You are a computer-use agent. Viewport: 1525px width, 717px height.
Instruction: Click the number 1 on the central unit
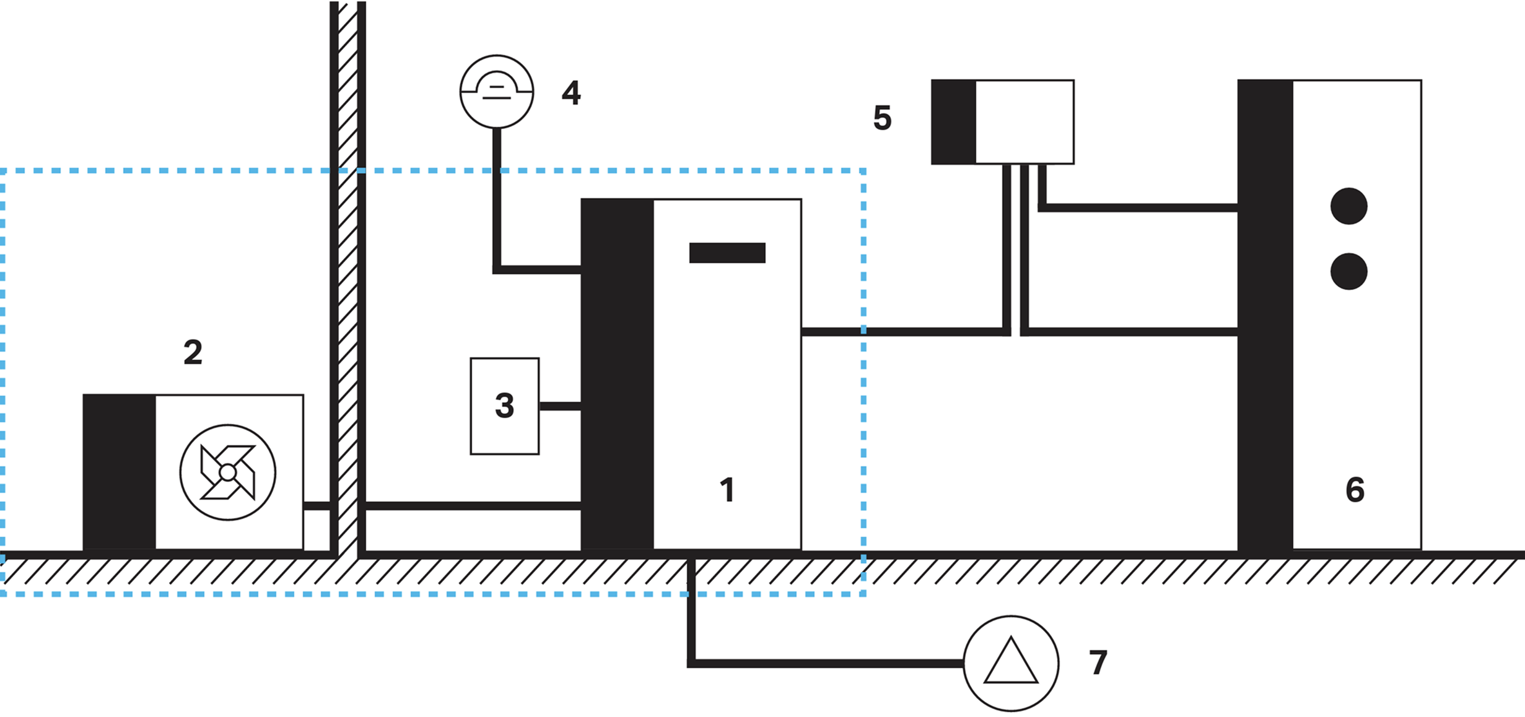(x=728, y=490)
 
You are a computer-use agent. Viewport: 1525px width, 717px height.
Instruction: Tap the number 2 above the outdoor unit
(x=193, y=353)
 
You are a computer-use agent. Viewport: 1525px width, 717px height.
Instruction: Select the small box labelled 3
(x=505, y=406)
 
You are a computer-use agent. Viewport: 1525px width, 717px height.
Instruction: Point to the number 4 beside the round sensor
(x=571, y=93)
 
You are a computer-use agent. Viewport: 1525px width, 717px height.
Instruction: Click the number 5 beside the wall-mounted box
(x=882, y=118)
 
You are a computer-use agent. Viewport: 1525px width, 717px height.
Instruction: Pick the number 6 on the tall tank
(x=1355, y=490)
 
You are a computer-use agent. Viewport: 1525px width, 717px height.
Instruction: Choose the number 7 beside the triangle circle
(x=1098, y=663)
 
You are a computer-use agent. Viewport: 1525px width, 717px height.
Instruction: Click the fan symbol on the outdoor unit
(x=228, y=472)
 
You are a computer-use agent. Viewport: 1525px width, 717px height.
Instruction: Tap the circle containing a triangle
(x=1011, y=663)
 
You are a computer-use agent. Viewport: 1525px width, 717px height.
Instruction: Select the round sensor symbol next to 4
(x=497, y=92)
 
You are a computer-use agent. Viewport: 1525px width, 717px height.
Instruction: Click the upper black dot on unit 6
(x=1349, y=206)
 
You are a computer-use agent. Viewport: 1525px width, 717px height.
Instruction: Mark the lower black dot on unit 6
(x=1349, y=271)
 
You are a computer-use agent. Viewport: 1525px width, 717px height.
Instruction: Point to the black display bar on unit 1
(x=727, y=253)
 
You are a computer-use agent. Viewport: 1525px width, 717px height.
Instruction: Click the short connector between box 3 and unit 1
(x=560, y=406)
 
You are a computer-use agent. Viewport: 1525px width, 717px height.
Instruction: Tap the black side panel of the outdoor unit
(x=120, y=472)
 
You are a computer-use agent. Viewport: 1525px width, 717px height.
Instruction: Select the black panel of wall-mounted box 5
(x=954, y=122)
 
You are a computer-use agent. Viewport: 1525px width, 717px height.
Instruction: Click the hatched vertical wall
(x=347, y=279)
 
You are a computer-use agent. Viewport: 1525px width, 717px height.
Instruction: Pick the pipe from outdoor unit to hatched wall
(x=317, y=506)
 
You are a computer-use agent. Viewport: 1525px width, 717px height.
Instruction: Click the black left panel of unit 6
(x=1265, y=315)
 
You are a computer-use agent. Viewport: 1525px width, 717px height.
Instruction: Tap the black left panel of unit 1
(x=618, y=374)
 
